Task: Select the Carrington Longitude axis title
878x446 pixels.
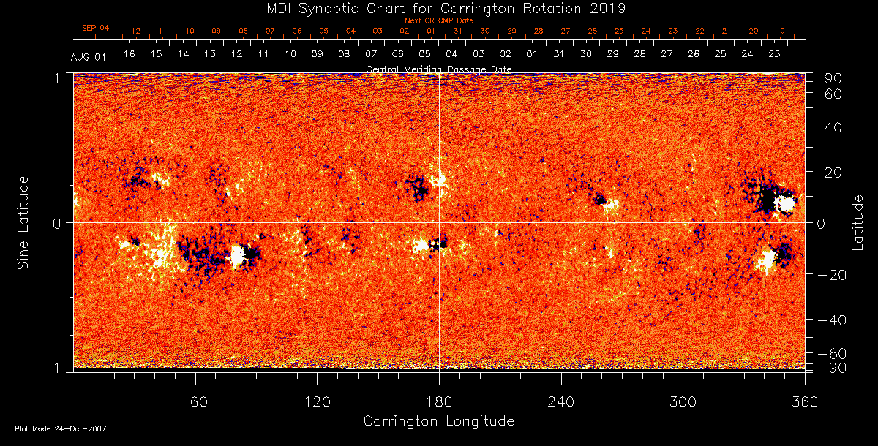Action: [x=438, y=421]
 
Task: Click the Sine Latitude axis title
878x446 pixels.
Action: [x=23, y=222]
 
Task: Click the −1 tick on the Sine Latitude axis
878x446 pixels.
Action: [x=56, y=368]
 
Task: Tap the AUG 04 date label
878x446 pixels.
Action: [x=89, y=57]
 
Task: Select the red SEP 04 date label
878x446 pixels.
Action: [x=95, y=28]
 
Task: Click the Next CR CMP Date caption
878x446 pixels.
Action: [x=438, y=20]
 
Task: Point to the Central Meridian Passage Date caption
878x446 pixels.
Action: [x=438, y=69]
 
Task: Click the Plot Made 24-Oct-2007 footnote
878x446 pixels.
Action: [x=61, y=428]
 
